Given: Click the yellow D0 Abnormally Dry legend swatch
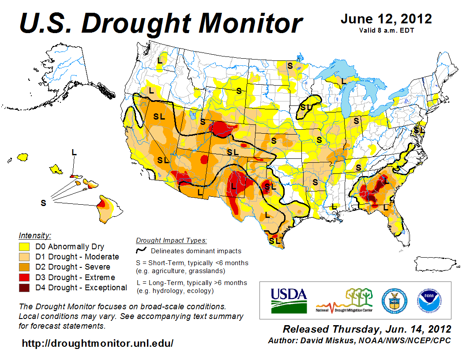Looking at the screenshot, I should pyautogui.click(x=24, y=247).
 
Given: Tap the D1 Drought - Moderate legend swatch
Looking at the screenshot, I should pyautogui.click(x=24, y=257).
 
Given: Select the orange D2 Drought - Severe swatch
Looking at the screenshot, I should pyautogui.click(x=24, y=267).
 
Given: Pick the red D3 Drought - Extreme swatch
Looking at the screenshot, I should pyautogui.click(x=24, y=277).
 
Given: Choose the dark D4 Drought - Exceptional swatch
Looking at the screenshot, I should pyautogui.click(x=24, y=288).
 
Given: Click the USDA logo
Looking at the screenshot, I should pyautogui.click(x=289, y=300).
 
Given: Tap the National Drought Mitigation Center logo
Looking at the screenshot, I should pyautogui.click(x=344, y=300).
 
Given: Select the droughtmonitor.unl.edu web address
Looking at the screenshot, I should pyautogui.click(x=98, y=343).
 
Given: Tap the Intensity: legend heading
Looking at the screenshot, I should pyautogui.click(x=35, y=235).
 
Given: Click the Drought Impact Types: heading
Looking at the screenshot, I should pyautogui.click(x=171, y=240).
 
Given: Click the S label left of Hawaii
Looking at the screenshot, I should pyautogui.click(x=43, y=203).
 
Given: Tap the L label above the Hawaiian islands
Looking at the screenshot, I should pyautogui.click(x=74, y=152).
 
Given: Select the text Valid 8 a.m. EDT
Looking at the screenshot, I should pyautogui.click(x=386, y=30).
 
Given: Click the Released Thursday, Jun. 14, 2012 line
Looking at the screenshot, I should pyautogui.click(x=367, y=329).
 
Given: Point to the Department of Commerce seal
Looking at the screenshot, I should pyautogui.click(x=395, y=300).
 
